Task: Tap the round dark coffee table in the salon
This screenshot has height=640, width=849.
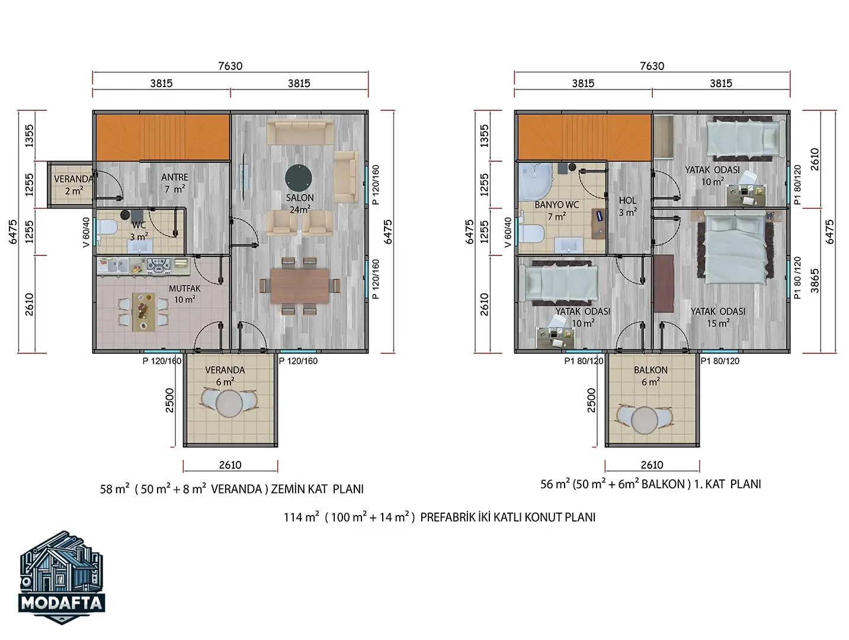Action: pyautogui.click(x=298, y=178)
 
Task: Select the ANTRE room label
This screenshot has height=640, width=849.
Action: pyautogui.click(x=175, y=177)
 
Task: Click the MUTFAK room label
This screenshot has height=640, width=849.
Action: pyautogui.click(x=184, y=289)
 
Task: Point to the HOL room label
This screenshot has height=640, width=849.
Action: pyautogui.click(x=627, y=200)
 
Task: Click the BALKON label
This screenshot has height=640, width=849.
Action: pyautogui.click(x=651, y=370)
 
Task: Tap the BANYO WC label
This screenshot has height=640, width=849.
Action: pyautogui.click(x=556, y=205)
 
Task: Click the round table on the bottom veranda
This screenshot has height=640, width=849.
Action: pyautogui.click(x=229, y=404)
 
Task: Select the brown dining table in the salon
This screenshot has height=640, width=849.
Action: pyautogui.click(x=300, y=286)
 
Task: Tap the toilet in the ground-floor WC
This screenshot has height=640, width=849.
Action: pyautogui.click(x=107, y=228)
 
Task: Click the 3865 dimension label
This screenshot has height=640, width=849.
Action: pyautogui.click(x=815, y=281)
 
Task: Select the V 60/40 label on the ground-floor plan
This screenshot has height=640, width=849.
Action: pyautogui.click(x=86, y=232)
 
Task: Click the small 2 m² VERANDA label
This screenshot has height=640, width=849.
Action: pyautogui.click(x=73, y=185)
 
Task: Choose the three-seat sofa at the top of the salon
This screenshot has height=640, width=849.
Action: pyautogui.click(x=300, y=133)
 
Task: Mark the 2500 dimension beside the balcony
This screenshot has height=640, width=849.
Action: pyautogui.click(x=591, y=400)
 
